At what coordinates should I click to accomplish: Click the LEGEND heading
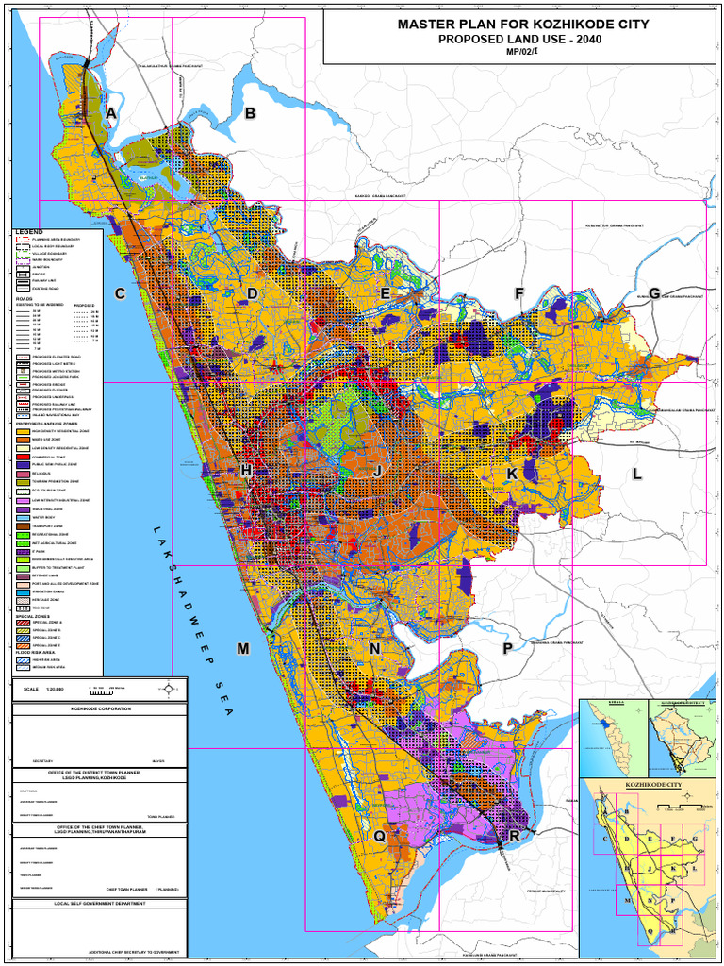pyautogui.click(x=29, y=232)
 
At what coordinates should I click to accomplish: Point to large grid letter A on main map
pyautogui.click(x=111, y=114)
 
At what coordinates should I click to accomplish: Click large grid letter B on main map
pyautogui.click(x=250, y=114)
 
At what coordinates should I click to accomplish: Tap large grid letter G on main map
pyautogui.click(x=653, y=293)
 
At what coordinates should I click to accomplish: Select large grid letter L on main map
pyautogui.click(x=637, y=474)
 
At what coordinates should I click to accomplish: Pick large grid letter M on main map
pyautogui.click(x=243, y=649)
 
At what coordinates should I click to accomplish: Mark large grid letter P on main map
pyautogui.click(x=507, y=649)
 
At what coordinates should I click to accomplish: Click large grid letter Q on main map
pyautogui.click(x=379, y=836)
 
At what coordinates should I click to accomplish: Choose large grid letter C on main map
pyautogui.click(x=120, y=294)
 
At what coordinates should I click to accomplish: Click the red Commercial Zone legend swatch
pyautogui.click(x=23, y=457)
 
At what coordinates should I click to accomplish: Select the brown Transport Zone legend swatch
pyautogui.click(x=23, y=526)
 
